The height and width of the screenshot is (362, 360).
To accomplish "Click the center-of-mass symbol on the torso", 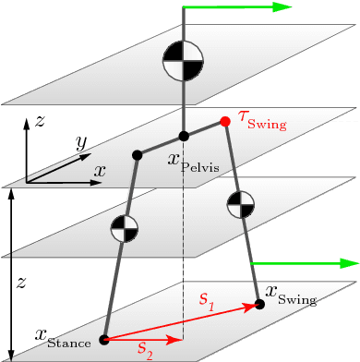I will pyautogui.click(x=183, y=61).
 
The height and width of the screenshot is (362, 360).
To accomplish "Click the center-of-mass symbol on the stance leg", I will pyautogui.click(x=124, y=228).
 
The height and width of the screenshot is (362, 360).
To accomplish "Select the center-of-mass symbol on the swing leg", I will pyautogui.click(x=240, y=203).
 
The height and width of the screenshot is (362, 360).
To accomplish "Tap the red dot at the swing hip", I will pyautogui.click(x=225, y=121).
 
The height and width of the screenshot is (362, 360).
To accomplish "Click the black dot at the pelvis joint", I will pyautogui.click(x=184, y=136).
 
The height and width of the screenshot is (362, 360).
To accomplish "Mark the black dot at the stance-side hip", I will pyautogui.click(x=137, y=153).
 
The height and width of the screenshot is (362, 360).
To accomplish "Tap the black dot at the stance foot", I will pyautogui.click(x=104, y=340).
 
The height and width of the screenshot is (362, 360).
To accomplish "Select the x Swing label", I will pyautogui.click(x=291, y=296).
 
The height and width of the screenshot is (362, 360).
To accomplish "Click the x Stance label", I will pyautogui.click(x=64, y=338).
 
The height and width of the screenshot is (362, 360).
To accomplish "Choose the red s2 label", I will pyautogui.click(x=145, y=348).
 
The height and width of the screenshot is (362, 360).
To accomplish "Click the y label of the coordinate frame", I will pyautogui.click(x=81, y=142).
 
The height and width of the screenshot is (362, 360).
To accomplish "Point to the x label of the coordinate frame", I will pyautogui.click(x=99, y=171).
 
